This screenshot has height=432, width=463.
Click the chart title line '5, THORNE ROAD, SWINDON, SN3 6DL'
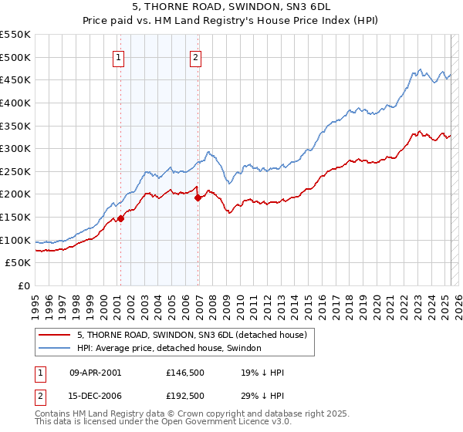231,8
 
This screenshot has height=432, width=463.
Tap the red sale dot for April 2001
120,219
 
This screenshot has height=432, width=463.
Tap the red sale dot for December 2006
198,197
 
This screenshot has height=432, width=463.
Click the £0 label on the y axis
23,286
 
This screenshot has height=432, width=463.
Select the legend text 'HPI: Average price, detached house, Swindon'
169,349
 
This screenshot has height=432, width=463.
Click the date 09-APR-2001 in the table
95,373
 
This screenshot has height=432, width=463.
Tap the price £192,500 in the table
184,396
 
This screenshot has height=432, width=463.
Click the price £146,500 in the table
184,373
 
